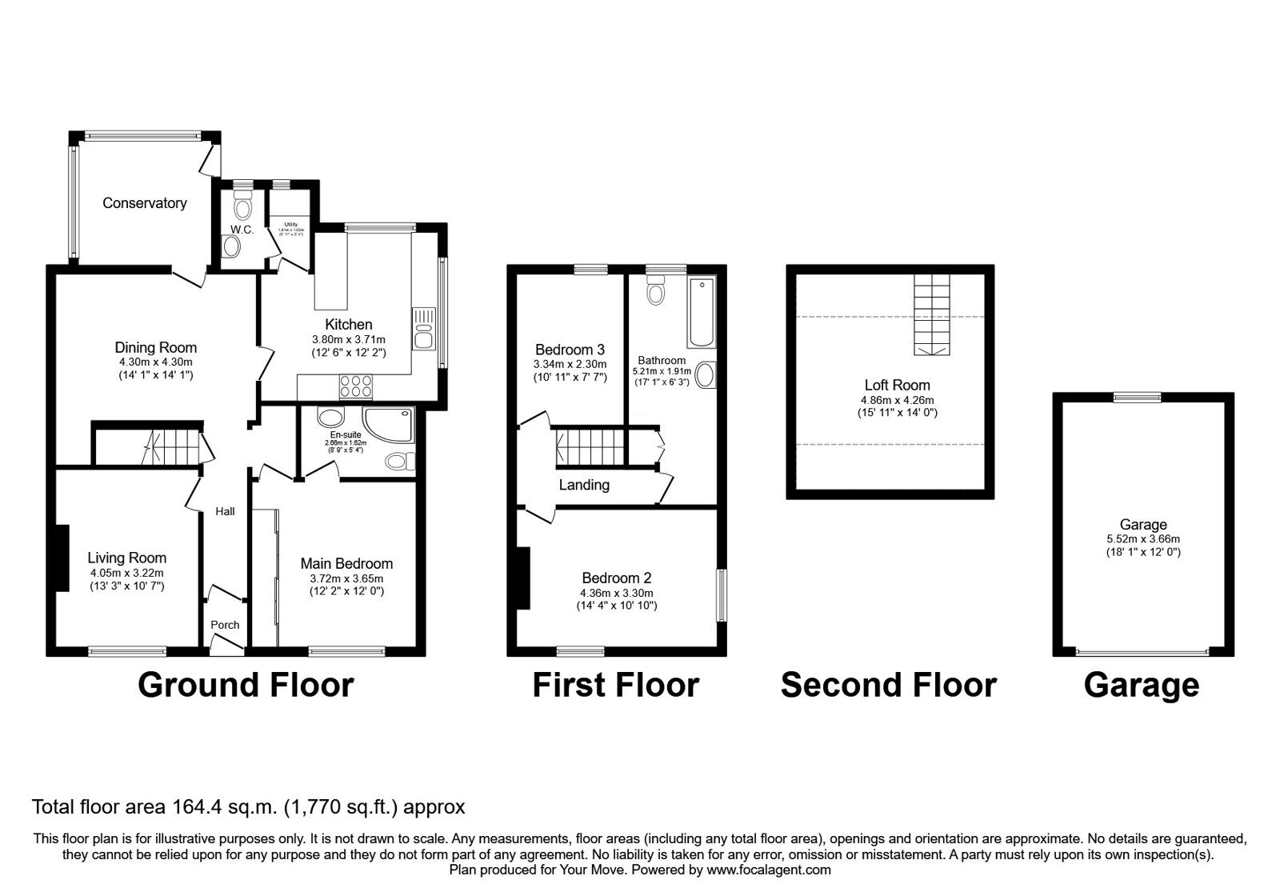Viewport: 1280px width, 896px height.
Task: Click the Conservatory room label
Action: [144, 203]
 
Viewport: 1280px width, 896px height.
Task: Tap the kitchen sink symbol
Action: [422, 328]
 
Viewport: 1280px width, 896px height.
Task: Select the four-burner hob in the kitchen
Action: [356, 386]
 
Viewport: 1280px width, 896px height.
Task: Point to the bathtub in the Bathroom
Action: [702, 312]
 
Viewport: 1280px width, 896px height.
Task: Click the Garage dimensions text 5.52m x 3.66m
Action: [1142, 539]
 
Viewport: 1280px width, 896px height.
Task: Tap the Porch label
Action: [225, 625]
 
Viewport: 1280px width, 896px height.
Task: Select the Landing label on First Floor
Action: [584, 485]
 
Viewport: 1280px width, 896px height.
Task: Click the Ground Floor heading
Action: [246, 686]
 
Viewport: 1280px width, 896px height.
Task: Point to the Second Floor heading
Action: [888, 686]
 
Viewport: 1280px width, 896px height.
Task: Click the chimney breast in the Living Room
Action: [61, 558]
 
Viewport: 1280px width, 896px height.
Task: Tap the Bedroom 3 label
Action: [570, 350]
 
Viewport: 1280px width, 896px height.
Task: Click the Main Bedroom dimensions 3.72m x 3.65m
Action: [346, 578]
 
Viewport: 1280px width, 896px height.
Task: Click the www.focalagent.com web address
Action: [768, 870]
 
